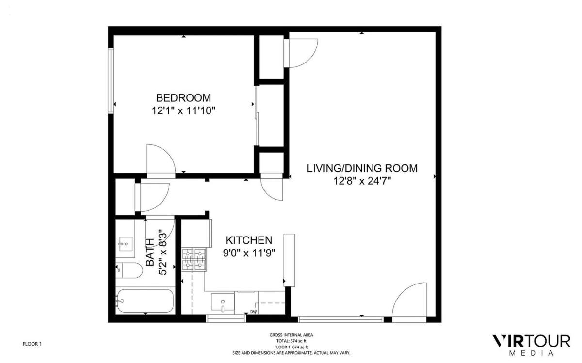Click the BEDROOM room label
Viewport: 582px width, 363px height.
click(183, 98)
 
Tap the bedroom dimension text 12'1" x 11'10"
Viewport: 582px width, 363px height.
click(183, 111)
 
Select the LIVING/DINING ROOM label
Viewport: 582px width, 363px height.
click(362, 168)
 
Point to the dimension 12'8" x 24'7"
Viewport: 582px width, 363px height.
click(362, 181)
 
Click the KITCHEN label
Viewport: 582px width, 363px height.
click(249, 240)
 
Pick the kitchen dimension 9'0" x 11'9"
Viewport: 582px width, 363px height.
click(249, 253)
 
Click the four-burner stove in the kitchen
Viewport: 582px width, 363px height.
click(194, 259)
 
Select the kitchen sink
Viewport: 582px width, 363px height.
click(223, 302)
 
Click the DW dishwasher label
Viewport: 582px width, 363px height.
click(253, 312)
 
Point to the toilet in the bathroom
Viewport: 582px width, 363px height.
click(129, 270)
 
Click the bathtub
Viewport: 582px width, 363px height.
click(145, 300)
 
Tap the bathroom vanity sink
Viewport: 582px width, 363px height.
click(126, 244)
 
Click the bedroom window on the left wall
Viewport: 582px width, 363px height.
click(111, 81)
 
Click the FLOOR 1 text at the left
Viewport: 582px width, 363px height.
click(32, 344)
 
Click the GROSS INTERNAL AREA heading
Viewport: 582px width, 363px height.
click(291, 335)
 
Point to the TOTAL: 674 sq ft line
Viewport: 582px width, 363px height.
click(291, 341)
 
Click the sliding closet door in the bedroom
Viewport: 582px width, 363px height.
click(257, 116)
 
